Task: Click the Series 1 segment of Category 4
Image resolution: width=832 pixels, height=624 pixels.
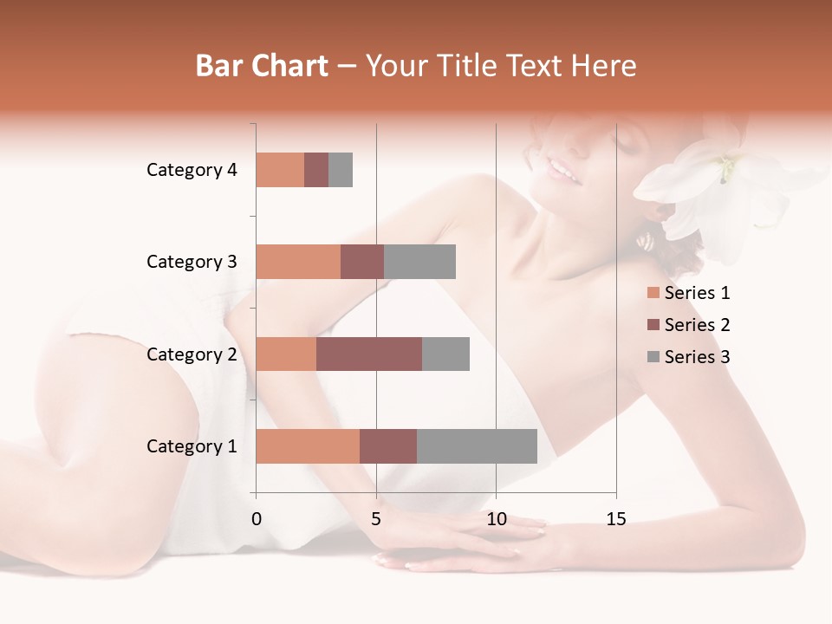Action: pyautogui.click(x=280, y=170)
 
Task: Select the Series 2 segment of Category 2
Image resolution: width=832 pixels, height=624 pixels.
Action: pyautogui.click(x=369, y=354)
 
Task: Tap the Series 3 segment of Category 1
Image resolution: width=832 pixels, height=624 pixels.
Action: pyautogui.click(x=477, y=446)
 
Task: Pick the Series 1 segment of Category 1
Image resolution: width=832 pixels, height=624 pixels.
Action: pyautogui.click(x=308, y=446)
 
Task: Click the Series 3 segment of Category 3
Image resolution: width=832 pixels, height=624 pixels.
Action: pyautogui.click(x=419, y=262)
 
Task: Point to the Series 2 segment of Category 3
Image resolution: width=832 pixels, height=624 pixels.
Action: pyautogui.click(x=362, y=262)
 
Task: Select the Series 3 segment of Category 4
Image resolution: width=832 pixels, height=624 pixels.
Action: pyautogui.click(x=341, y=170)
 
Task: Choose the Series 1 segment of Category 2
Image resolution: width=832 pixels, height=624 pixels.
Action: pyautogui.click(x=286, y=354)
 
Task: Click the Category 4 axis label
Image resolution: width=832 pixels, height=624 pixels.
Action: pyautogui.click(x=192, y=170)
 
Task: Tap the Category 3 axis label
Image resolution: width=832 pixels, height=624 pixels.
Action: pyautogui.click(x=192, y=262)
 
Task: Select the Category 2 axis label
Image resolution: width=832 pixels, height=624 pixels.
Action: pyautogui.click(x=192, y=354)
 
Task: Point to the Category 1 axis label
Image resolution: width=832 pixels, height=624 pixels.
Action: pyautogui.click(x=192, y=446)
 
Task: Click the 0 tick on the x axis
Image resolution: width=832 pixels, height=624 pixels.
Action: pyautogui.click(x=257, y=519)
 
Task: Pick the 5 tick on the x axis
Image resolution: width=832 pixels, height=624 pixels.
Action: pyautogui.click(x=376, y=519)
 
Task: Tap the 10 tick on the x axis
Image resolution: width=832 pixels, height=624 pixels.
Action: pyautogui.click(x=496, y=519)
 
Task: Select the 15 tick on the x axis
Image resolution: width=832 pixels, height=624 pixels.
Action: pyautogui.click(x=615, y=519)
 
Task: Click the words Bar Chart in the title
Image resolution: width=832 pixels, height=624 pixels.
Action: pyautogui.click(x=262, y=66)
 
